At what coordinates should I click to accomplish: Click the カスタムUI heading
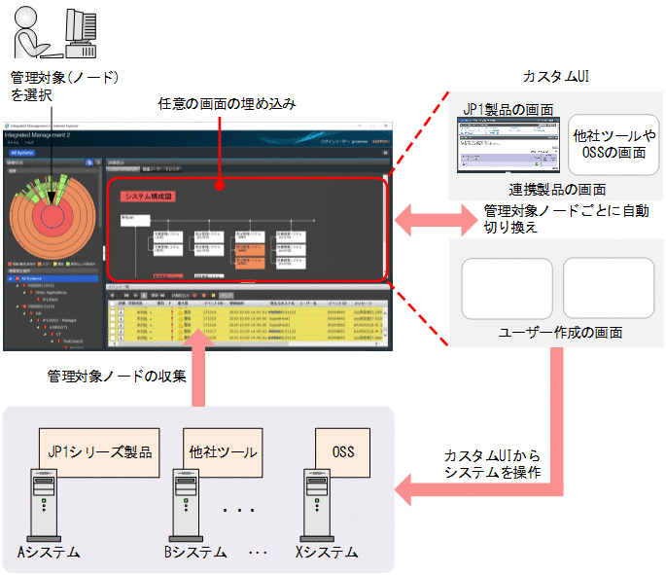pos(554,76)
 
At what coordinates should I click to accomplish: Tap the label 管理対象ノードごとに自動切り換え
pos(566,219)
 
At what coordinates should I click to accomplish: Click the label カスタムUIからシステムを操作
pos(493,464)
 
